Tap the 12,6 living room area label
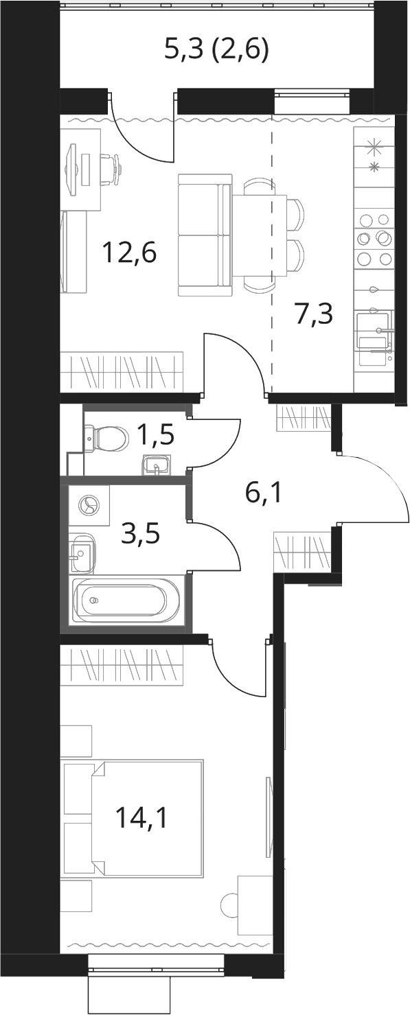click(129, 253)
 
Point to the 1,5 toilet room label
click(156, 436)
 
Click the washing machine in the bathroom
click(89, 505)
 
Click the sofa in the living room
click(205, 235)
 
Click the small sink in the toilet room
click(156, 465)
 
